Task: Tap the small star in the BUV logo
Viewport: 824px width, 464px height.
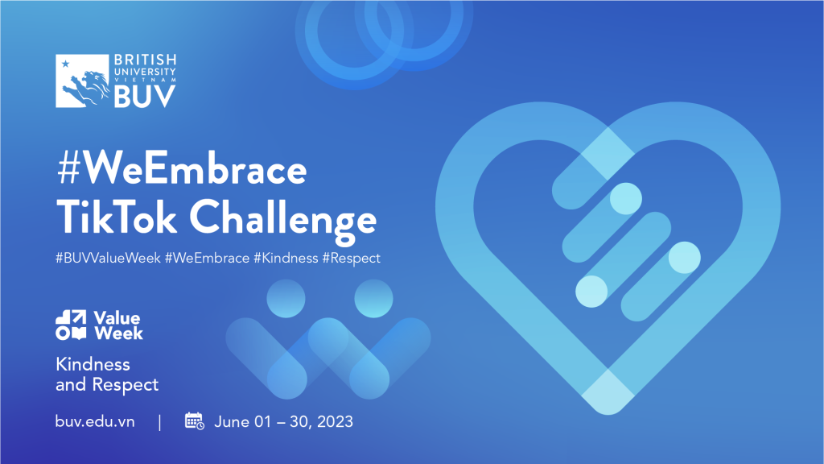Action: [x=66, y=64]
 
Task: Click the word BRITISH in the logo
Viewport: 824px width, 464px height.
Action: [x=145, y=60]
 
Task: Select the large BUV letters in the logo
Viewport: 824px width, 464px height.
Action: [x=145, y=96]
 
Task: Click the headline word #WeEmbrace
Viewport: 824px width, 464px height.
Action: [x=182, y=169]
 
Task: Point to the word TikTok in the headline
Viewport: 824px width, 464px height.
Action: [x=117, y=217]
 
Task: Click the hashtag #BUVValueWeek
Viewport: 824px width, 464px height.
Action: [x=109, y=259]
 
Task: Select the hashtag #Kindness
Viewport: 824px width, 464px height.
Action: [x=286, y=259]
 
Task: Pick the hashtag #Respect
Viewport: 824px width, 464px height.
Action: [x=351, y=259]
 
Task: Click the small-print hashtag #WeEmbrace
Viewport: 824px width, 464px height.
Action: [x=207, y=259]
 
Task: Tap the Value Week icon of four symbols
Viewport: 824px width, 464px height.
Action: [x=71, y=325]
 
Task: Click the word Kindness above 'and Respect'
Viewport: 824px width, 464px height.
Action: [x=93, y=364]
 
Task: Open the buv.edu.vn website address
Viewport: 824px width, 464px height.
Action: [x=95, y=421]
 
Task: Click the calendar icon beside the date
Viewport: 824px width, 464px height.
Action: [x=195, y=420]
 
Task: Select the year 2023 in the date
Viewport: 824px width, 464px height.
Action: [x=335, y=422]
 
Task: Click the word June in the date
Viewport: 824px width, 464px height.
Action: [x=232, y=422]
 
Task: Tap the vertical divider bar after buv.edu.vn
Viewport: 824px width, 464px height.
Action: [x=160, y=422]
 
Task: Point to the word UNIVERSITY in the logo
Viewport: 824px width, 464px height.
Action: [x=145, y=72]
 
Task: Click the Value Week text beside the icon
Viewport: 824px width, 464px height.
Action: [x=118, y=325]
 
